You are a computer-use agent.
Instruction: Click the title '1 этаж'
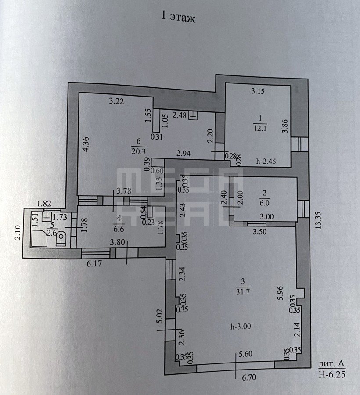click(x=178, y=18)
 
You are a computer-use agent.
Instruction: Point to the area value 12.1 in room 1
click(x=260, y=128)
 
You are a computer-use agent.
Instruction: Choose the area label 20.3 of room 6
click(x=139, y=151)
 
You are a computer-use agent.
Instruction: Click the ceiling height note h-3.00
click(x=241, y=327)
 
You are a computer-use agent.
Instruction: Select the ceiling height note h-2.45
click(x=266, y=162)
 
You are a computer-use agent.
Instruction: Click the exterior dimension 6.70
click(x=249, y=377)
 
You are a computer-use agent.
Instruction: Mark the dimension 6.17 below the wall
click(x=94, y=264)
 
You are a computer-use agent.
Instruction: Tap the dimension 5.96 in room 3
click(x=281, y=293)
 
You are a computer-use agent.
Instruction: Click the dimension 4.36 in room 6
click(x=86, y=144)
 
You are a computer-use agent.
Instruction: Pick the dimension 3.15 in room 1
click(x=258, y=91)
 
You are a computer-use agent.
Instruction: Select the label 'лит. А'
click(x=331, y=364)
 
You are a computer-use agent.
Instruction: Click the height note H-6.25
click(x=332, y=375)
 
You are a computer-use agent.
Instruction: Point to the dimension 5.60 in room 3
click(x=245, y=354)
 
